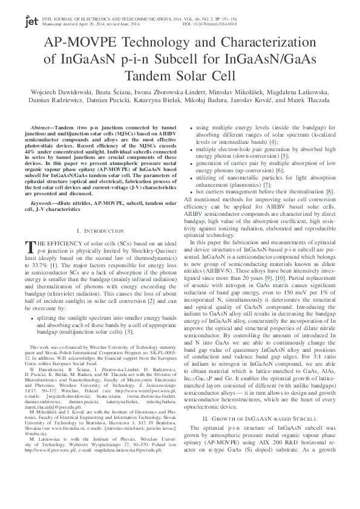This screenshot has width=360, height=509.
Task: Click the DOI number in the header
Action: coord(319,25)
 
